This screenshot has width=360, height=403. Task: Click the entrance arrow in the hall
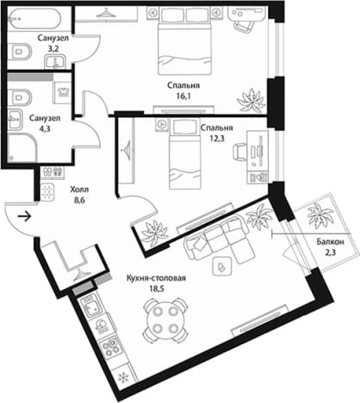tap(24, 216)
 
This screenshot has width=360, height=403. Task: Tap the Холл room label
tap(79, 189)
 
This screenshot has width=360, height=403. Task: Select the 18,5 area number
tap(156, 288)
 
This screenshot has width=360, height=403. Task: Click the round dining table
tap(165, 319)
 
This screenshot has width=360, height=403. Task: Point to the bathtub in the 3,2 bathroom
tap(34, 20)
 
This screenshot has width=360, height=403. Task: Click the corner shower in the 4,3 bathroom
tap(22, 147)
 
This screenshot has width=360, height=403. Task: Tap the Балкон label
tap(330, 242)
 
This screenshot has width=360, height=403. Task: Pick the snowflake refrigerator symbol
tap(123, 376)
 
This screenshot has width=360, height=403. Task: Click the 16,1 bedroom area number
tap(183, 96)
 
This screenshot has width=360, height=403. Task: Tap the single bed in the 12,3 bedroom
tap(184, 153)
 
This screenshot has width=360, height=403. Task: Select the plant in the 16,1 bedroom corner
tap(251, 101)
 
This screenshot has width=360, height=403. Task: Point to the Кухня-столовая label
tap(156, 278)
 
